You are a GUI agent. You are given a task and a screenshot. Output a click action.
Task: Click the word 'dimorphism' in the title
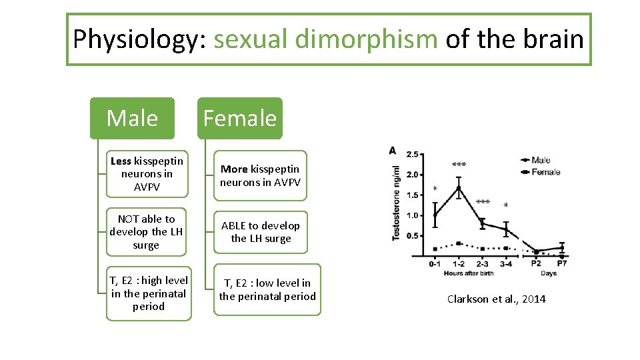[366, 39]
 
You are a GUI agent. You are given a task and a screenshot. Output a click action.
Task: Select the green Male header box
[132, 118]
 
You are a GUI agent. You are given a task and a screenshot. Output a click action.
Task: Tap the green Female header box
[239, 118]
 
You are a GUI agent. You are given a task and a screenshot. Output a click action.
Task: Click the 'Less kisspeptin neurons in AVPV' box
[147, 174]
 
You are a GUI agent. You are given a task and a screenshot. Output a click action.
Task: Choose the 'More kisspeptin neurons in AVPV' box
[260, 175]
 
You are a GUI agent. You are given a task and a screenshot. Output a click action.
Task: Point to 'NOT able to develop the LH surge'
[146, 232]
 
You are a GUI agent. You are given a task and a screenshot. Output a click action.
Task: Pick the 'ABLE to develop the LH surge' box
[260, 232]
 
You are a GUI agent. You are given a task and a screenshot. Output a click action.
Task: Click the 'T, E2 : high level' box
[149, 293]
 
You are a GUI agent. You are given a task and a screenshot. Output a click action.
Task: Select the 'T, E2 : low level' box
[267, 290]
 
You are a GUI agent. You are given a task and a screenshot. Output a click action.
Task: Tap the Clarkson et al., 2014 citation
[496, 299]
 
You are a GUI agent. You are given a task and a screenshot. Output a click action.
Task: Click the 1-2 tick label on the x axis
[458, 264]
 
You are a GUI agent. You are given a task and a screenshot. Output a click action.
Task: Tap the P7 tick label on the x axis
[562, 264]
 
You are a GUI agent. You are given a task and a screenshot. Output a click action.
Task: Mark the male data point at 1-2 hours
[459, 188]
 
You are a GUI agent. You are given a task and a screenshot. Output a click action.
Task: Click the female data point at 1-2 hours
[459, 243]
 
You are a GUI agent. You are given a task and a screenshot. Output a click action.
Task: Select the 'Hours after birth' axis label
[469, 274]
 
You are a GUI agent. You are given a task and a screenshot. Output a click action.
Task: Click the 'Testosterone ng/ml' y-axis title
[397, 203]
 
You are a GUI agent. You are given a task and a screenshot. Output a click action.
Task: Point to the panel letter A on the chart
[392, 151]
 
